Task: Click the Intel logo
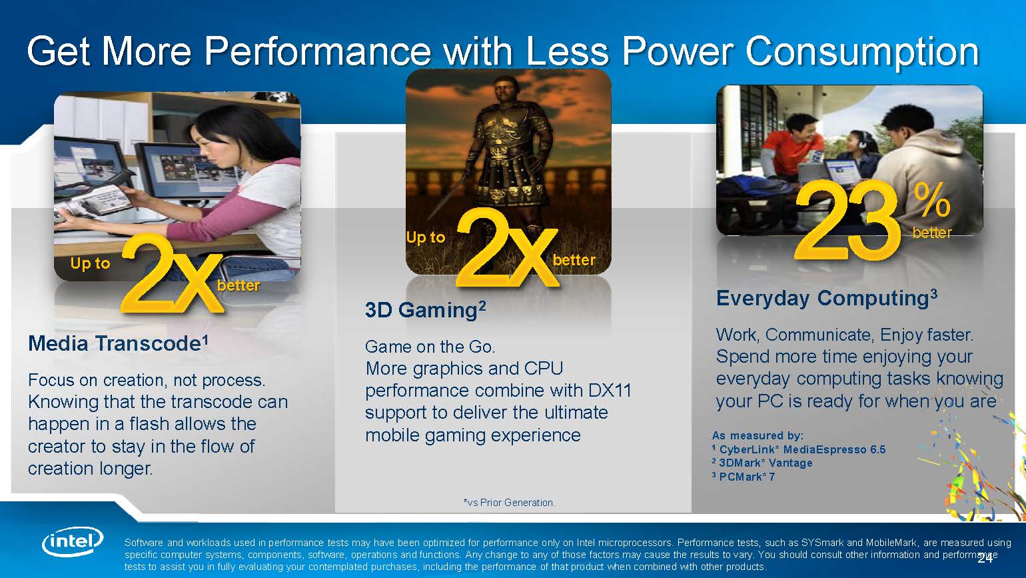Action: click(x=73, y=543)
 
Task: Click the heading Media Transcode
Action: click(x=119, y=343)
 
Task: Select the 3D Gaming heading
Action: click(x=425, y=310)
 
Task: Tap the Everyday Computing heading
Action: click(x=827, y=298)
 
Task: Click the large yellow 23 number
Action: click(x=846, y=219)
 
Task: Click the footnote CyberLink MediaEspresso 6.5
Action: click(x=799, y=449)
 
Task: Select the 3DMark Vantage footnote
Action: click(x=762, y=463)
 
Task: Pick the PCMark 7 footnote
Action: click(x=744, y=477)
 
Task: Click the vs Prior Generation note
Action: click(x=509, y=503)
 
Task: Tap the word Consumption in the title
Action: click(x=863, y=52)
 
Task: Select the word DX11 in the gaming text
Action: click(x=610, y=391)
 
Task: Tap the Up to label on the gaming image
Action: click(x=426, y=237)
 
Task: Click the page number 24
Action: click(x=985, y=559)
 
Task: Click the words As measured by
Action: click(x=758, y=435)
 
